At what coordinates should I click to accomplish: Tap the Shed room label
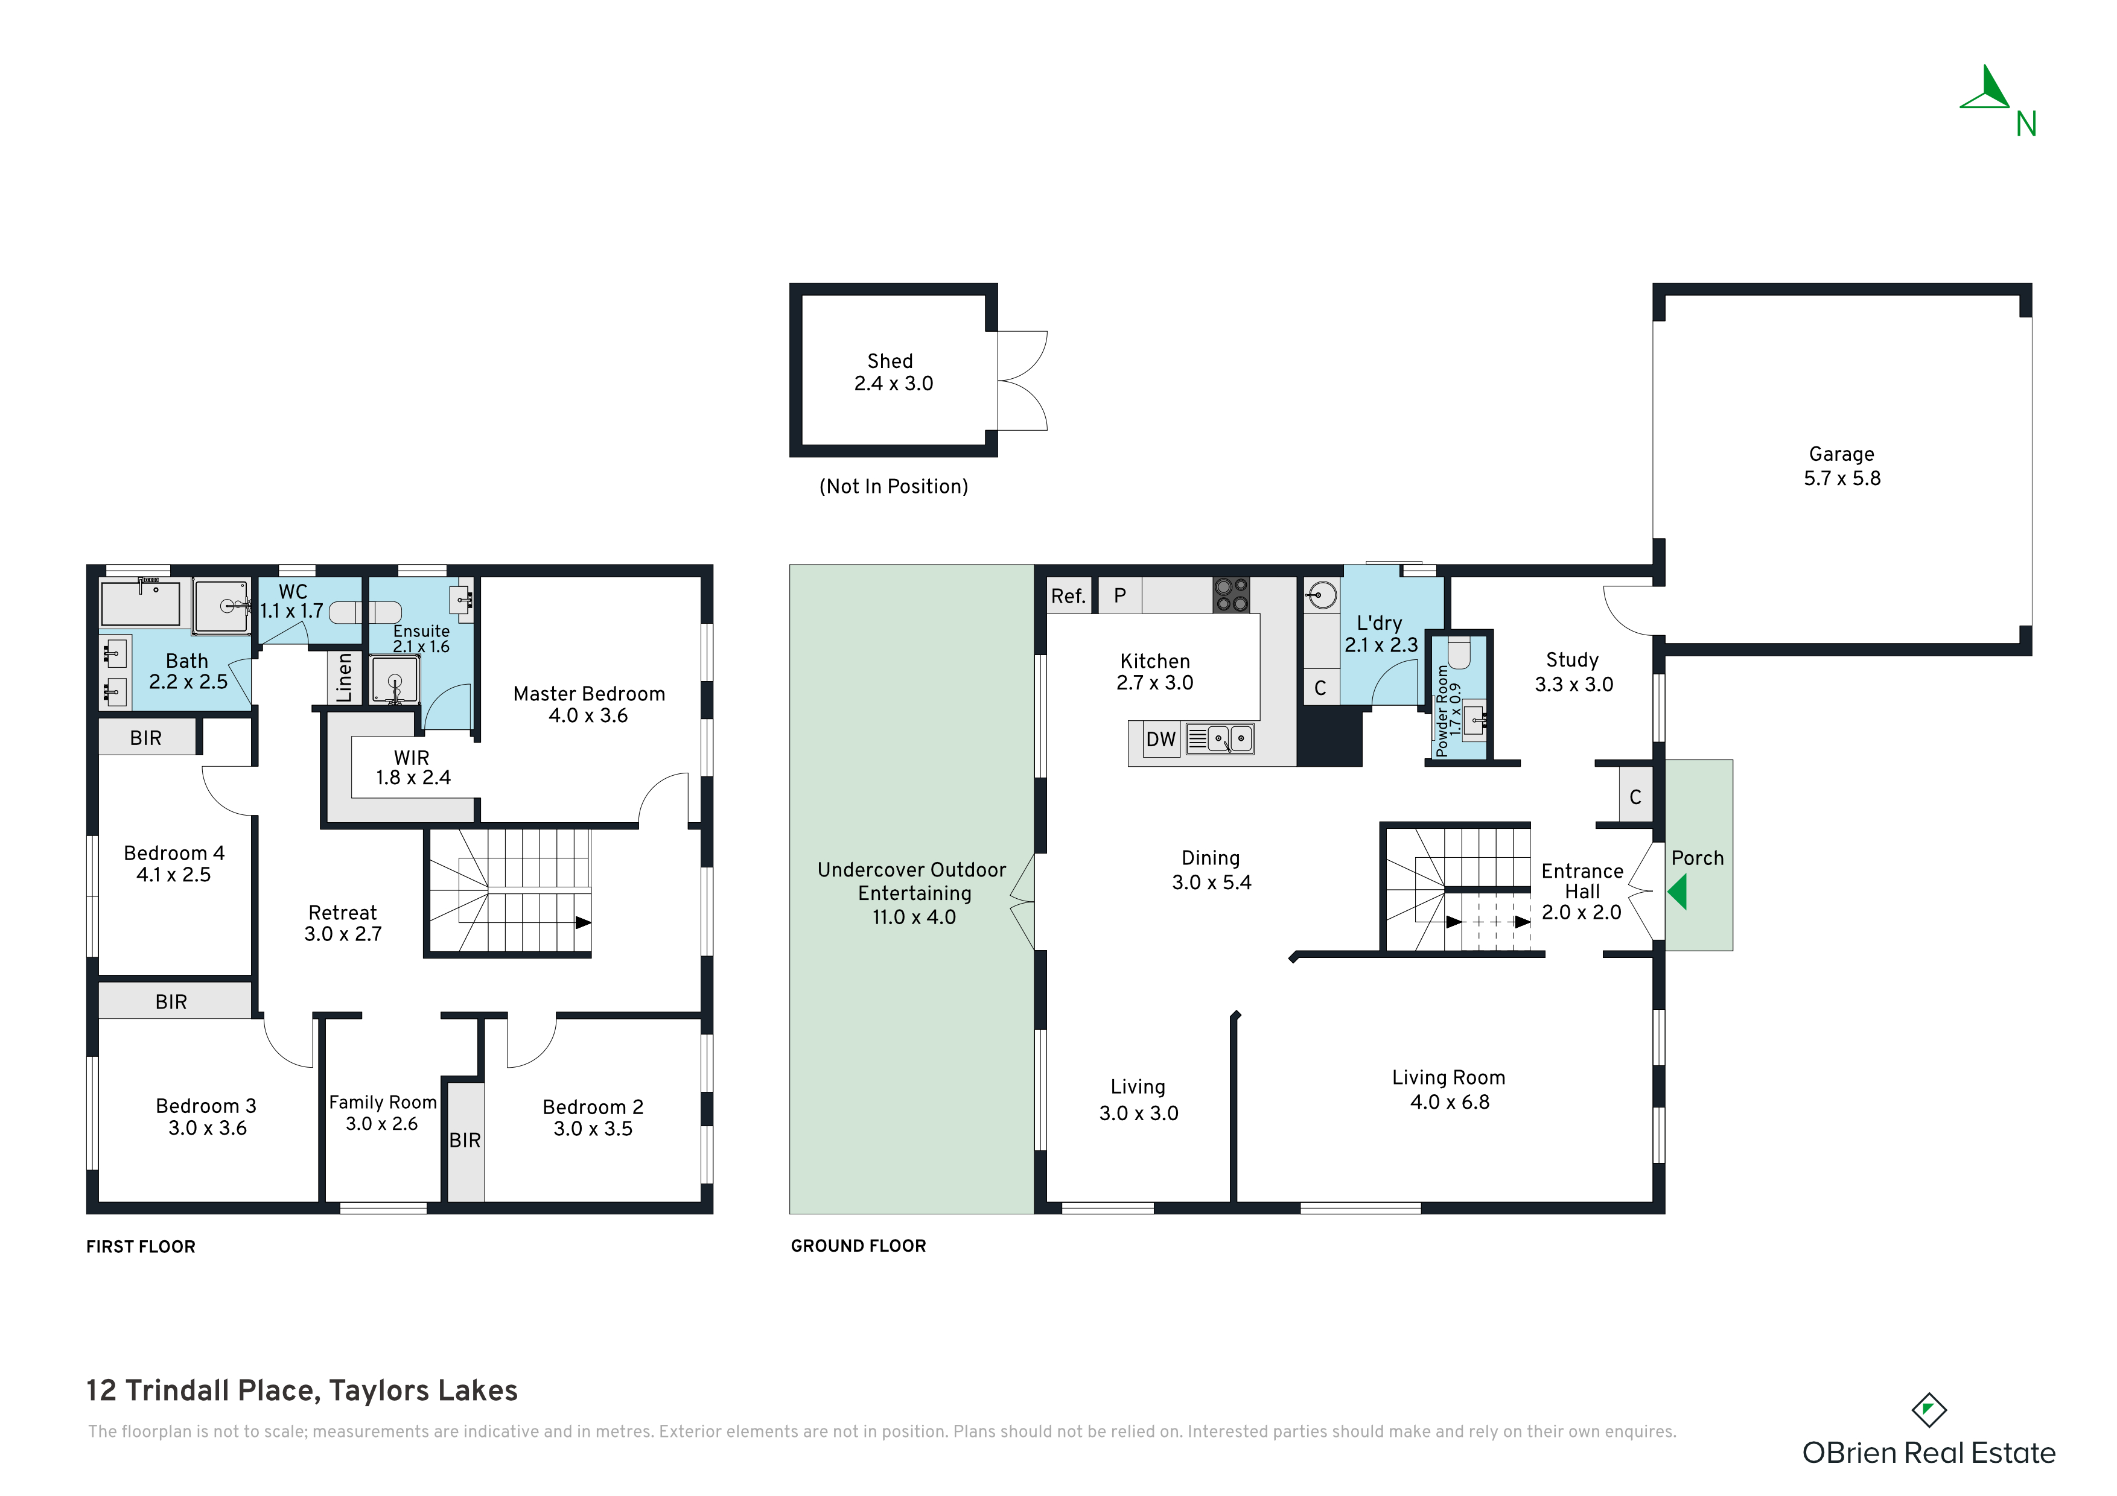click(x=890, y=361)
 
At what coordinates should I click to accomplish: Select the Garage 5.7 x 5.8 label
click(x=1842, y=466)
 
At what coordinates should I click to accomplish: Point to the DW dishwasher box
click(x=1161, y=739)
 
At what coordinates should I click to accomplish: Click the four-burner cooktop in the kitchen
click(x=1231, y=595)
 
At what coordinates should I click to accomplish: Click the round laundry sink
click(x=1322, y=595)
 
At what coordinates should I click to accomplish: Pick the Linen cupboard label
click(x=345, y=677)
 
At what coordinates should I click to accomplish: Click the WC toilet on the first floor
click(x=366, y=612)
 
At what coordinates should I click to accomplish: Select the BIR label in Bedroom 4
click(x=145, y=737)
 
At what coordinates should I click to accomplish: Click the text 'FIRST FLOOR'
click(x=141, y=1246)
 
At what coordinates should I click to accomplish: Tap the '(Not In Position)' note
click(x=894, y=486)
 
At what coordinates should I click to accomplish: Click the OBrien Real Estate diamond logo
click(x=1928, y=1410)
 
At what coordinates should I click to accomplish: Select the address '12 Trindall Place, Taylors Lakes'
click(x=302, y=1390)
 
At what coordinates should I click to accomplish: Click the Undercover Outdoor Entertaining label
click(x=912, y=893)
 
